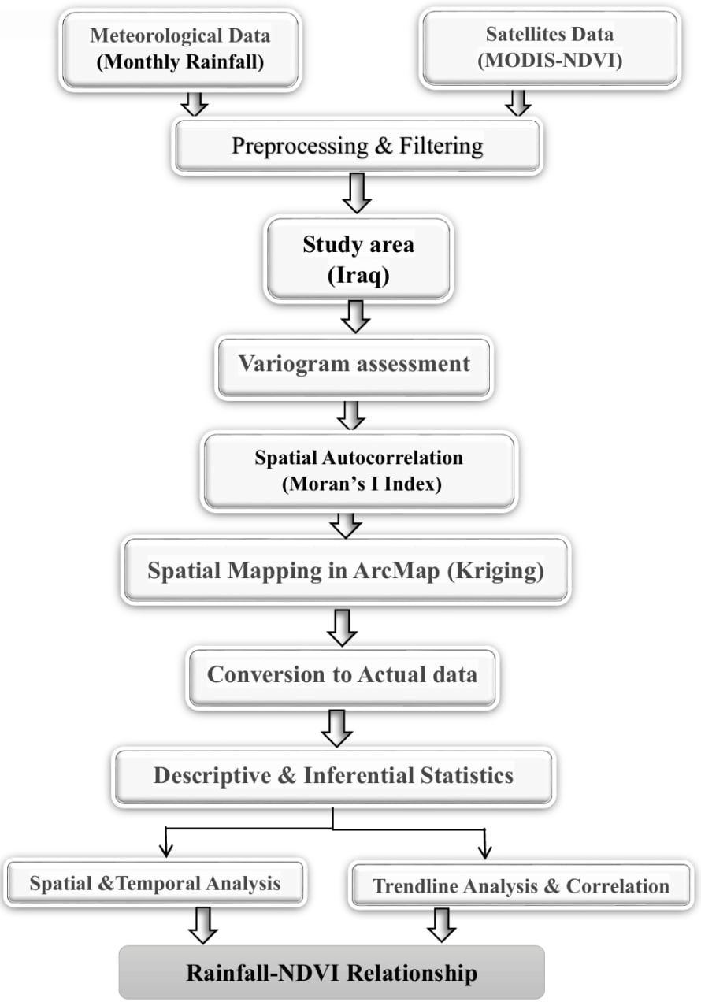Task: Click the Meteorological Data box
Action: point(180,48)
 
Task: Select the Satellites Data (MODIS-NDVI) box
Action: point(550,46)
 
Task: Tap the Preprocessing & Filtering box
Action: point(357,146)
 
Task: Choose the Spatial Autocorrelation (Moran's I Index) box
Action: point(358,470)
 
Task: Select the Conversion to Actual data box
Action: point(342,674)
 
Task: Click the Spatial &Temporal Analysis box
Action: point(155,883)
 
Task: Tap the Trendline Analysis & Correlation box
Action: point(521,886)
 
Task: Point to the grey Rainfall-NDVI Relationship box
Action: point(332,972)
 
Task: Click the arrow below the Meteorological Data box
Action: point(194,103)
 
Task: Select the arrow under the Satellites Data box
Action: point(517,102)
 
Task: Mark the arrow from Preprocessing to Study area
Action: point(357,194)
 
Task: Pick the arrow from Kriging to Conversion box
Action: point(343,626)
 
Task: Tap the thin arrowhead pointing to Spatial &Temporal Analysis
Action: point(165,848)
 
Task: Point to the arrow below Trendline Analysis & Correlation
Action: point(442,924)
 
